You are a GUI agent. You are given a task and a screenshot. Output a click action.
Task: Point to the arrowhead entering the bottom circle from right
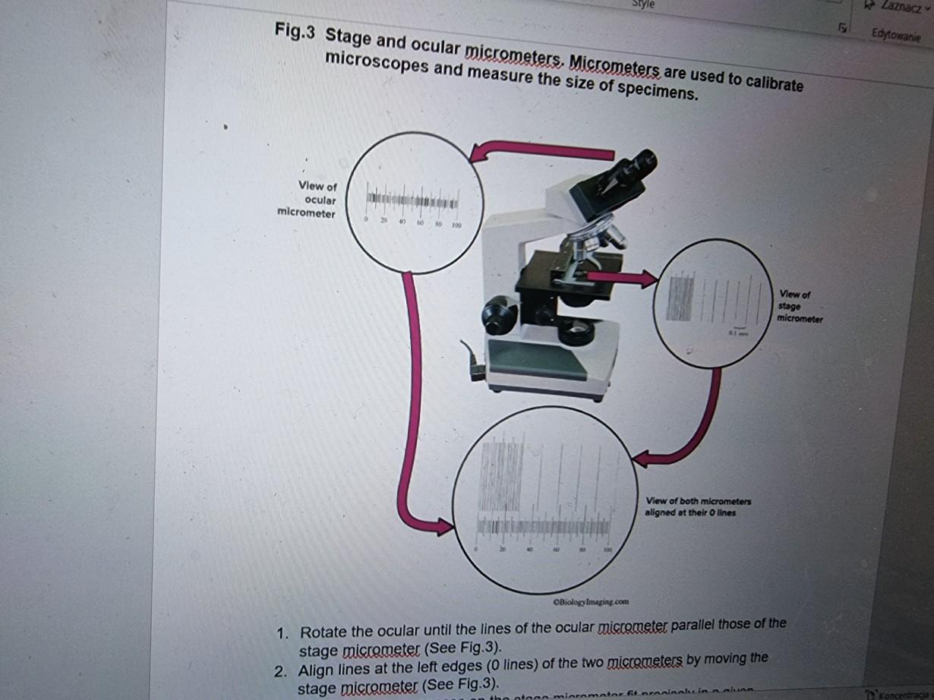coord(642,459)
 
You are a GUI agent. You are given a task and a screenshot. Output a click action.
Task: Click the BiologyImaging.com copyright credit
coord(591,601)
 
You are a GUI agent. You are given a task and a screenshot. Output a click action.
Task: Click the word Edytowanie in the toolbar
coord(896,35)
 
